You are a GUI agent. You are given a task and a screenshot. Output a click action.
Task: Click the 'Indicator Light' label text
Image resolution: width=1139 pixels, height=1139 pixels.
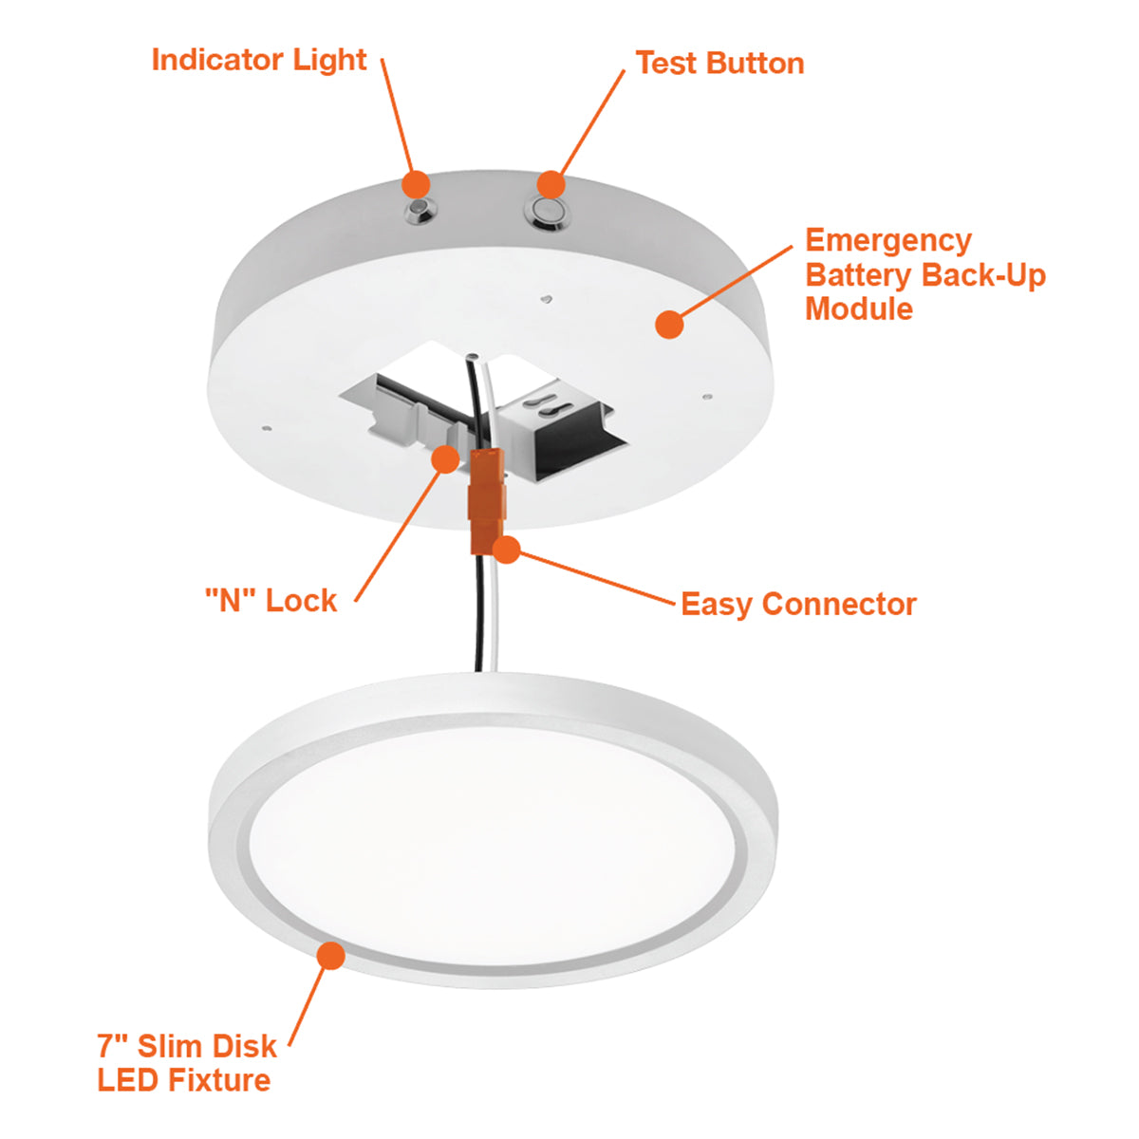(259, 61)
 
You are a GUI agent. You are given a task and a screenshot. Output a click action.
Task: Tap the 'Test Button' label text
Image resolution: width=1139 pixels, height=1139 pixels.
(719, 64)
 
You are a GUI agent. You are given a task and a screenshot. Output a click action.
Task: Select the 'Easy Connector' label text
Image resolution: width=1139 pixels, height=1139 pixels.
(798, 605)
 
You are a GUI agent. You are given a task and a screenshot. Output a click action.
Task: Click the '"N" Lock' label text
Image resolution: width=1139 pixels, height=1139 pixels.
(271, 601)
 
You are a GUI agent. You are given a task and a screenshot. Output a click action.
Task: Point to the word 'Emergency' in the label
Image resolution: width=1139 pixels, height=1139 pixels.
(888, 242)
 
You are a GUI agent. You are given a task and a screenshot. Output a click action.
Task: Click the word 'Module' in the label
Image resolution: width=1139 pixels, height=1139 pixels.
(859, 308)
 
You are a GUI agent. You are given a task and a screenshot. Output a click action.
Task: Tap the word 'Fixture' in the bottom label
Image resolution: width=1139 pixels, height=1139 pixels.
(218, 1080)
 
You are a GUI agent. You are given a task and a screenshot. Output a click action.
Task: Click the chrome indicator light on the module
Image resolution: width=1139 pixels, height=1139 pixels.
(420, 211)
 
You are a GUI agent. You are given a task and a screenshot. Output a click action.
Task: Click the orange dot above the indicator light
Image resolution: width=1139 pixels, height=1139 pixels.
(416, 184)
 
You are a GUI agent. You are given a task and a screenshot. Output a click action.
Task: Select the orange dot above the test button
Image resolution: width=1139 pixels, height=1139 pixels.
(551, 184)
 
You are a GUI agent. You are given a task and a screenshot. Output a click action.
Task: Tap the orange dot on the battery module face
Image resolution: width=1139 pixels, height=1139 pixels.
(669, 324)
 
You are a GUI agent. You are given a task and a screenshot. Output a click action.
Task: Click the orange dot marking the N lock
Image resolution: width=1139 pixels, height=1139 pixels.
(446, 459)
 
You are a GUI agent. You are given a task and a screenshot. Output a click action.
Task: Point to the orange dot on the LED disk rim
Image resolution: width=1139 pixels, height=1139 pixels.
(331, 955)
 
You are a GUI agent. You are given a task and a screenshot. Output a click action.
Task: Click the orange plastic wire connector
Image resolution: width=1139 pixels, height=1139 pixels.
(487, 500)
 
